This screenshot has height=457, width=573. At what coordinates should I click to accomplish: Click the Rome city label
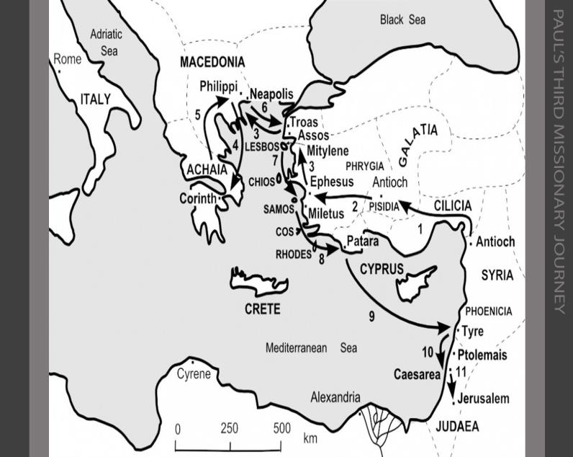click(x=68, y=59)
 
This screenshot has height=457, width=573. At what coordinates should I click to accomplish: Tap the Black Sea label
click(x=402, y=20)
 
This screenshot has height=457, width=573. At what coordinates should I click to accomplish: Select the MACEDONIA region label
click(x=212, y=63)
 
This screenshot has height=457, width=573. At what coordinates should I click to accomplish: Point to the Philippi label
click(x=218, y=86)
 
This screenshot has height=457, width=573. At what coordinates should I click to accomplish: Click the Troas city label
click(x=304, y=123)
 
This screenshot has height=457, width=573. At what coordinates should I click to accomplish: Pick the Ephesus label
click(x=331, y=182)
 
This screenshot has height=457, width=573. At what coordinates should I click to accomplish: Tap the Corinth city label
click(x=197, y=198)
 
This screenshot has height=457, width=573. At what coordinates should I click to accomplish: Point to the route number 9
click(x=372, y=316)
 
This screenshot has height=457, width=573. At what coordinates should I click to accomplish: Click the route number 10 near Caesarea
click(x=428, y=352)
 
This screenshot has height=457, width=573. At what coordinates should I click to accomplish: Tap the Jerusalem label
click(x=483, y=399)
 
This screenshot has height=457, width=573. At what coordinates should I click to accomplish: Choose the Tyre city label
click(x=472, y=332)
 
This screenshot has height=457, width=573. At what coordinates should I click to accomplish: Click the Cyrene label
click(x=194, y=374)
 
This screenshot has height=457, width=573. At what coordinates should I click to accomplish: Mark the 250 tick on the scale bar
click(x=229, y=428)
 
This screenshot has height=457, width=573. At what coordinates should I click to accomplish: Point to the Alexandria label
click(x=335, y=397)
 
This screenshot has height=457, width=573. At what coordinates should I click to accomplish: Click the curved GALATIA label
click(x=417, y=144)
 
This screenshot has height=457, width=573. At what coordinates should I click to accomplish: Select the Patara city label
click(x=363, y=241)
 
